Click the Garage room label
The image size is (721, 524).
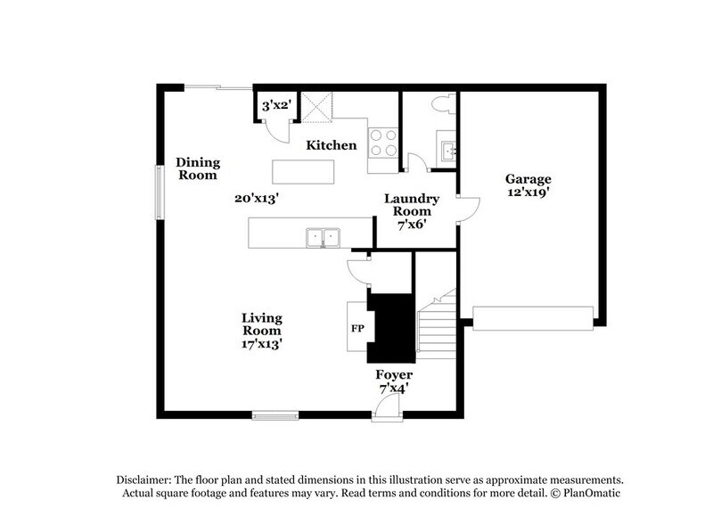click(529, 178)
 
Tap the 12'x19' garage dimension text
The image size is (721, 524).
click(529, 192)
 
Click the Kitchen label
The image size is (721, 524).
click(332, 145)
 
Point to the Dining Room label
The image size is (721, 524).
click(197, 168)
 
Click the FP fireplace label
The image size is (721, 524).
click(356, 328)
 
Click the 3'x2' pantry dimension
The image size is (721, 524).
click(275, 105)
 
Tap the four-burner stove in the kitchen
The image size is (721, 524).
click(383, 143)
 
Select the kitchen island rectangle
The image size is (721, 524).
click(303, 170)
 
